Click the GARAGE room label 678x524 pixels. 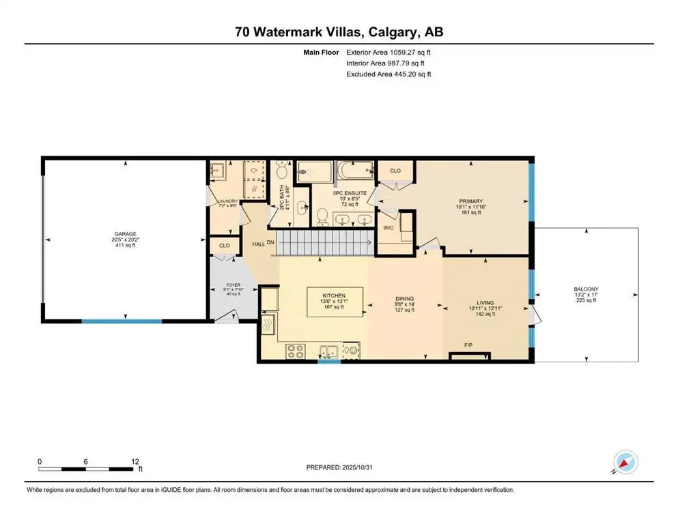[x=126, y=233]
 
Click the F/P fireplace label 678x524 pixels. [x=469, y=345]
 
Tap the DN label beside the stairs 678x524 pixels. [x=270, y=242]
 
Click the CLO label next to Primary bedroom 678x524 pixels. [x=395, y=170]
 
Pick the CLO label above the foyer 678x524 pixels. [x=223, y=245]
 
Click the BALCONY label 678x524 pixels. [x=587, y=289]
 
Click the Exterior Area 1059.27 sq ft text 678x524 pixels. [x=389, y=51]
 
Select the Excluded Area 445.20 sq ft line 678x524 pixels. [x=389, y=74]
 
